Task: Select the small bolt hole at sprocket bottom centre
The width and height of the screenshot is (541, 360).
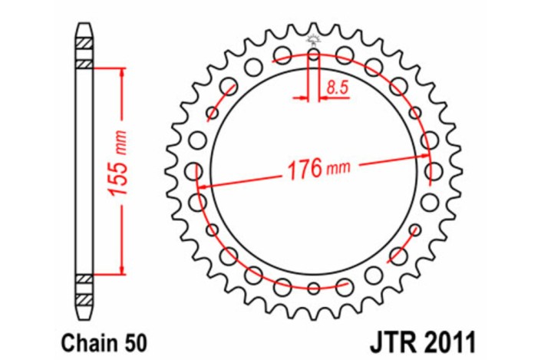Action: (x=314, y=288)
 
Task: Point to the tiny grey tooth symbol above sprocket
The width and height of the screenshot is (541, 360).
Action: (x=313, y=38)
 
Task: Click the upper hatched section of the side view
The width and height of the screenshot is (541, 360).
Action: (x=84, y=50)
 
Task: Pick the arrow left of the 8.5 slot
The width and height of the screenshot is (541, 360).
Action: (x=302, y=97)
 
